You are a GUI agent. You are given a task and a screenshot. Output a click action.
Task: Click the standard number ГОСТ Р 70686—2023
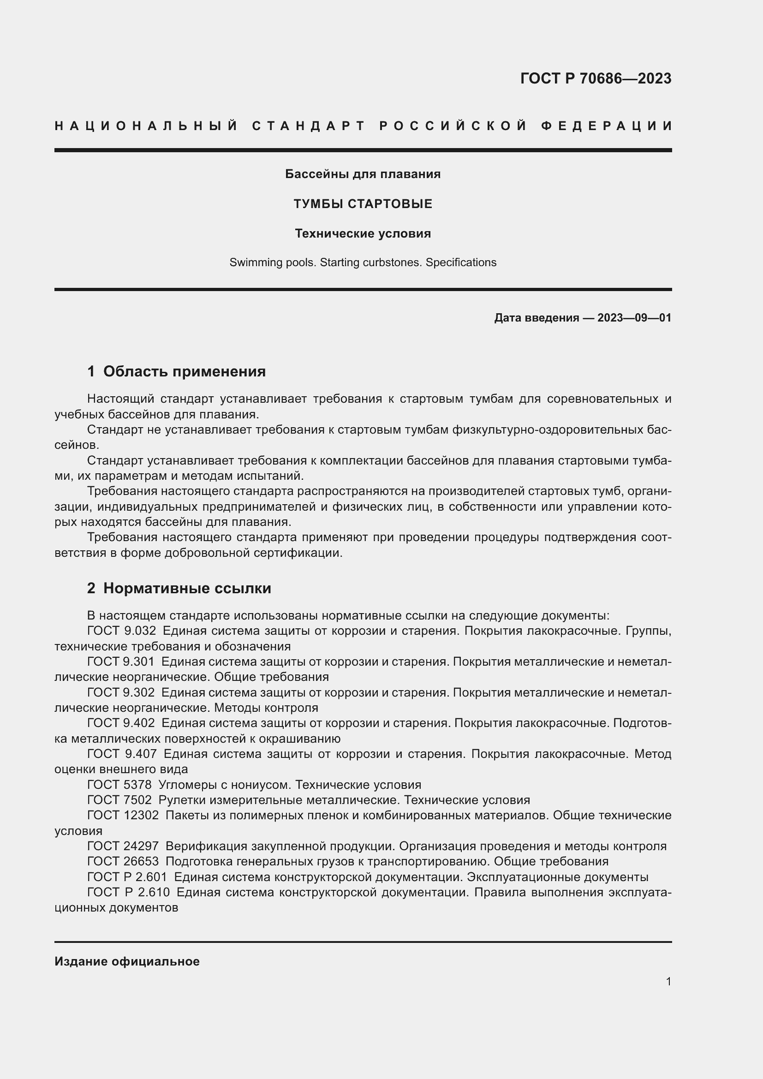(595, 78)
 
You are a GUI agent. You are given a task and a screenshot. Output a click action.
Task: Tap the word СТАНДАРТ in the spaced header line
(309, 126)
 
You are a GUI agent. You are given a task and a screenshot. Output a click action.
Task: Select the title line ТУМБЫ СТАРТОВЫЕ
(363, 204)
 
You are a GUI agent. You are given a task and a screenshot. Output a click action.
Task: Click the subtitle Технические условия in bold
(363, 233)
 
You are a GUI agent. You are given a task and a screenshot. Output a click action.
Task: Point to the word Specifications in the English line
(460, 262)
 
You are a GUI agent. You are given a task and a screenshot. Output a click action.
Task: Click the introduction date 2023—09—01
(634, 318)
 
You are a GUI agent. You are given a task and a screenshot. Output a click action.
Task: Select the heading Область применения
(184, 372)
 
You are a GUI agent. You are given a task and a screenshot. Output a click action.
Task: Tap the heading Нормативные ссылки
(187, 588)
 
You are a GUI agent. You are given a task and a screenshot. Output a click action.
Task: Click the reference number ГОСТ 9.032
(121, 631)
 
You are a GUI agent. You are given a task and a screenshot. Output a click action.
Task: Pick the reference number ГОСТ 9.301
(121, 662)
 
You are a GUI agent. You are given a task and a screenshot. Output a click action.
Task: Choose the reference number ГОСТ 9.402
(121, 723)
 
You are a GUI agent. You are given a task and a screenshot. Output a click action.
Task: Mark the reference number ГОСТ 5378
(119, 785)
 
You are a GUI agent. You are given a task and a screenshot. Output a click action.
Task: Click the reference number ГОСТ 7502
(119, 800)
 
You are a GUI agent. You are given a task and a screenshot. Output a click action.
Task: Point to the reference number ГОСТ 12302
(123, 815)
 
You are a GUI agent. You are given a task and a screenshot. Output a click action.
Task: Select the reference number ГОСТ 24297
(123, 847)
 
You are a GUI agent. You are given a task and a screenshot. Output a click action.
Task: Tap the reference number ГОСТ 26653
(123, 862)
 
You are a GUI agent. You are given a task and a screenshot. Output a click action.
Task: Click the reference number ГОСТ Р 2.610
(128, 893)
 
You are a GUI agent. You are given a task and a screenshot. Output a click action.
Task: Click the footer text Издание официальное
(127, 961)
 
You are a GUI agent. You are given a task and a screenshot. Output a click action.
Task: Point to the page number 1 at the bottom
(668, 982)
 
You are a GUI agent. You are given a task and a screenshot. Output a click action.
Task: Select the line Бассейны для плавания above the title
(363, 174)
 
